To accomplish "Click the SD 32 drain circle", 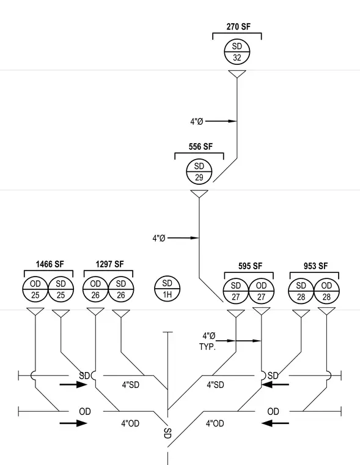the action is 237,51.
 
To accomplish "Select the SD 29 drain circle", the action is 199,171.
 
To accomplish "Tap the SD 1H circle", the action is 167,289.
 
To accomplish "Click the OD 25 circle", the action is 35,289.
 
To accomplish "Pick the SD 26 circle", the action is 121,289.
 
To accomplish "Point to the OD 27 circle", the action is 262,291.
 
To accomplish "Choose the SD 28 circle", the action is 301,291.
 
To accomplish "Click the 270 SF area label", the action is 238,27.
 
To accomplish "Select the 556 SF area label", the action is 200,146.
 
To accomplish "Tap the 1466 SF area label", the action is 50,264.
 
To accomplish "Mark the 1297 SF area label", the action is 109,264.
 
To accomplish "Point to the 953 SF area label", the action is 315,266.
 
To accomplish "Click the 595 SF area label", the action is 251,266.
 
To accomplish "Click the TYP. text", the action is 207,347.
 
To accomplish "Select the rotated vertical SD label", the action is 167,433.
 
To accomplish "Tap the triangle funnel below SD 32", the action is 237,74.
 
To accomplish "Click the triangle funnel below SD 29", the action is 199,194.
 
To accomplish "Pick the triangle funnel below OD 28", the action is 326,311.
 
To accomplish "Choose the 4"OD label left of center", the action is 130,423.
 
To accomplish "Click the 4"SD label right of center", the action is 215,385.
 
